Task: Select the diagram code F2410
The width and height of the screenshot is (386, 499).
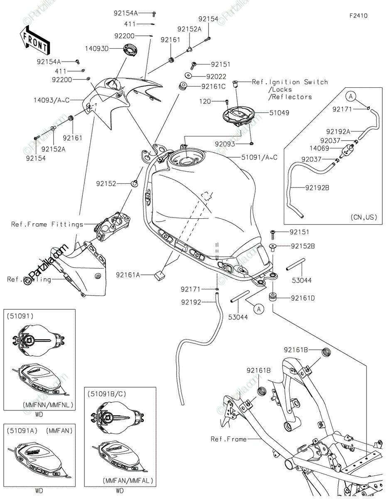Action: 358,16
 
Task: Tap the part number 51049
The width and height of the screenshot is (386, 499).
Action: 279,113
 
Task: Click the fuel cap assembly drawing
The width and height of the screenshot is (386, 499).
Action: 238,118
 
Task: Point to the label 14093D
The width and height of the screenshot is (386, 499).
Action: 96,49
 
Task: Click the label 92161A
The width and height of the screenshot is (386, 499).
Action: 128,275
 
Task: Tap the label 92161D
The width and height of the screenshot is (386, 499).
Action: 303,298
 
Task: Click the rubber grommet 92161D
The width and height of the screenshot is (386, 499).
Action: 273,296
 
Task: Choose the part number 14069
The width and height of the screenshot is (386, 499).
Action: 319,148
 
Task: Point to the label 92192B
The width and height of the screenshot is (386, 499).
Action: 317,188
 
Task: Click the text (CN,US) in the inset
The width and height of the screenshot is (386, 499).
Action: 364,217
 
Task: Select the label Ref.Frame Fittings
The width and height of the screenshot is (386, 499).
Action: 47,225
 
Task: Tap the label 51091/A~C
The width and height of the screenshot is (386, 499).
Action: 259,157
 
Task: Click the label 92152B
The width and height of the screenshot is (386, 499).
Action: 303,246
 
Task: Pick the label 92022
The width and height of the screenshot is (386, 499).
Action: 216,77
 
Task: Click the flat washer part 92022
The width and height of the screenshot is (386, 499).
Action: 189,75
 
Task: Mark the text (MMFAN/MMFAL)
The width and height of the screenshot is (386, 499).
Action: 128,481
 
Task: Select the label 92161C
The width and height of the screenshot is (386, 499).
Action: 214,86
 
